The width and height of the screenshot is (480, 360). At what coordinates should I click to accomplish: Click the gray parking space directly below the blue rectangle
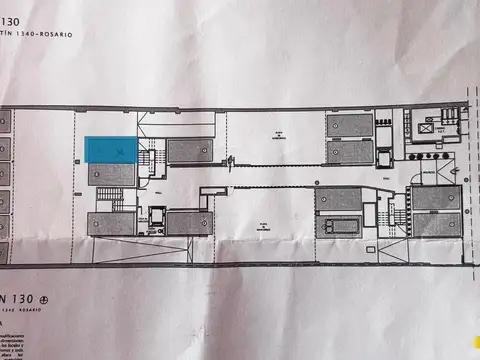coord(111,175)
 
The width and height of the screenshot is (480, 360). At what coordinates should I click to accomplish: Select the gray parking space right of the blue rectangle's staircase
coord(189,150)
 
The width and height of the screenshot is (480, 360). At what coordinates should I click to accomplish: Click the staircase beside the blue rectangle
coord(151,158)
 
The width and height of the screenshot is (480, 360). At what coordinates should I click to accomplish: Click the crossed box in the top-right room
coord(432,127)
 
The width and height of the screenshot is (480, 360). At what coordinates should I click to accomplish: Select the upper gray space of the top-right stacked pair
coord(349,126)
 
